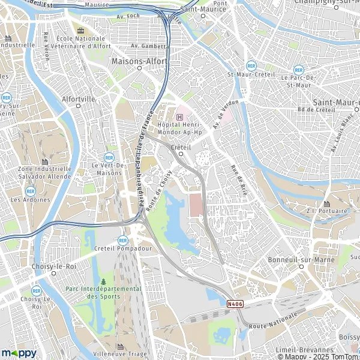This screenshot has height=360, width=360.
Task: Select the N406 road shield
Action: pyautogui.click(x=235, y=304)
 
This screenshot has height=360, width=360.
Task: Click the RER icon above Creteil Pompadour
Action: pyautogui.click(x=123, y=240)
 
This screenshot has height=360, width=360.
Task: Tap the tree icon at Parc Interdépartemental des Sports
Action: pyautogui.click(x=103, y=281)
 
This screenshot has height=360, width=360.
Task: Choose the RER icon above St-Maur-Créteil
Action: pyautogui.click(x=249, y=65)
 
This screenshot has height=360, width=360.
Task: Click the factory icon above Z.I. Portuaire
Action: pyautogui.click(x=326, y=203)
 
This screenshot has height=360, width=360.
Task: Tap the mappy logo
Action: pyautogui.click(x=19, y=353)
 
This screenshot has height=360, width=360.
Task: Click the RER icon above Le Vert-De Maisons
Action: pyautogui.click(x=109, y=157)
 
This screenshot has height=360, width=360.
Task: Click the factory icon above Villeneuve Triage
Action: pyautogui.click(x=120, y=347)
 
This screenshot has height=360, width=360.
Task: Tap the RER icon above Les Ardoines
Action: pyautogui.click(x=31, y=191)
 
